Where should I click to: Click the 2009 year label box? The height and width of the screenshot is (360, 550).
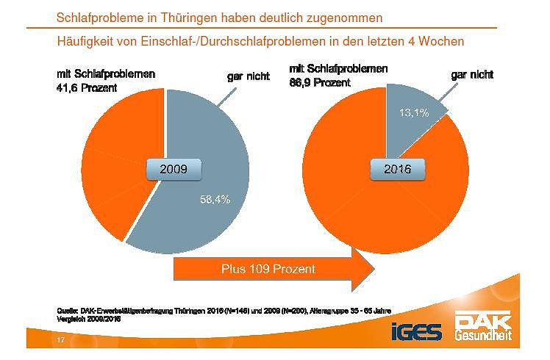(x=174, y=170)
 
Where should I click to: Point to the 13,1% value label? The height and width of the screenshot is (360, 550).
(x=413, y=112)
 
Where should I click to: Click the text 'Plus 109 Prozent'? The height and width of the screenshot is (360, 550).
(x=268, y=269)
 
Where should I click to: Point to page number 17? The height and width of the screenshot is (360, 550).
(x=62, y=341)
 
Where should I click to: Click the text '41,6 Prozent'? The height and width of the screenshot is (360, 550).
(x=87, y=88)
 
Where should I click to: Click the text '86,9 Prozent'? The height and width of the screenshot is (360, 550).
(x=320, y=82)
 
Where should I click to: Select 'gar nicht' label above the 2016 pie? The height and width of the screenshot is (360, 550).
(x=471, y=74)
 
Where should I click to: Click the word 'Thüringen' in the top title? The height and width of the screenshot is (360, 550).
(x=188, y=15)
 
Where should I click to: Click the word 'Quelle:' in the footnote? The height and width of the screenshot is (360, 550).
(x=68, y=311)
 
